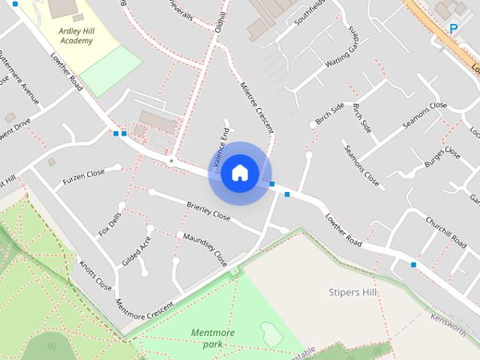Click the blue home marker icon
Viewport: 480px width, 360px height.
(239, 173)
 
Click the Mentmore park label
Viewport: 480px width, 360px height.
(213, 338)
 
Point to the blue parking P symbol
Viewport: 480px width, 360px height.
(453, 28)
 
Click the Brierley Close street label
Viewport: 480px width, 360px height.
(208, 211)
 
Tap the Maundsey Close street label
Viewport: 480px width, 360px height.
(205, 248)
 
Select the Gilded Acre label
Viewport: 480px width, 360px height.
(131, 250)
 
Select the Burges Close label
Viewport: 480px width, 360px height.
(442, 158)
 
